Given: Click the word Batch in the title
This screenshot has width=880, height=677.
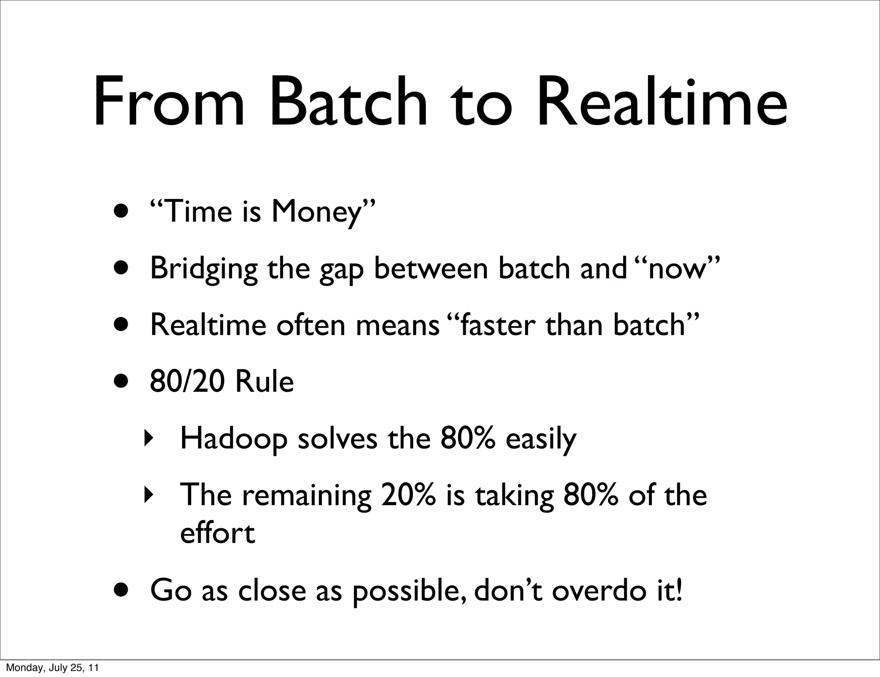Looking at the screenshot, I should [348, 103].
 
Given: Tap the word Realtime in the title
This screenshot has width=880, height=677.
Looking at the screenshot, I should [662, 103].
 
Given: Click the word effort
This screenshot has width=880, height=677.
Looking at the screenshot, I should [217, 533].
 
